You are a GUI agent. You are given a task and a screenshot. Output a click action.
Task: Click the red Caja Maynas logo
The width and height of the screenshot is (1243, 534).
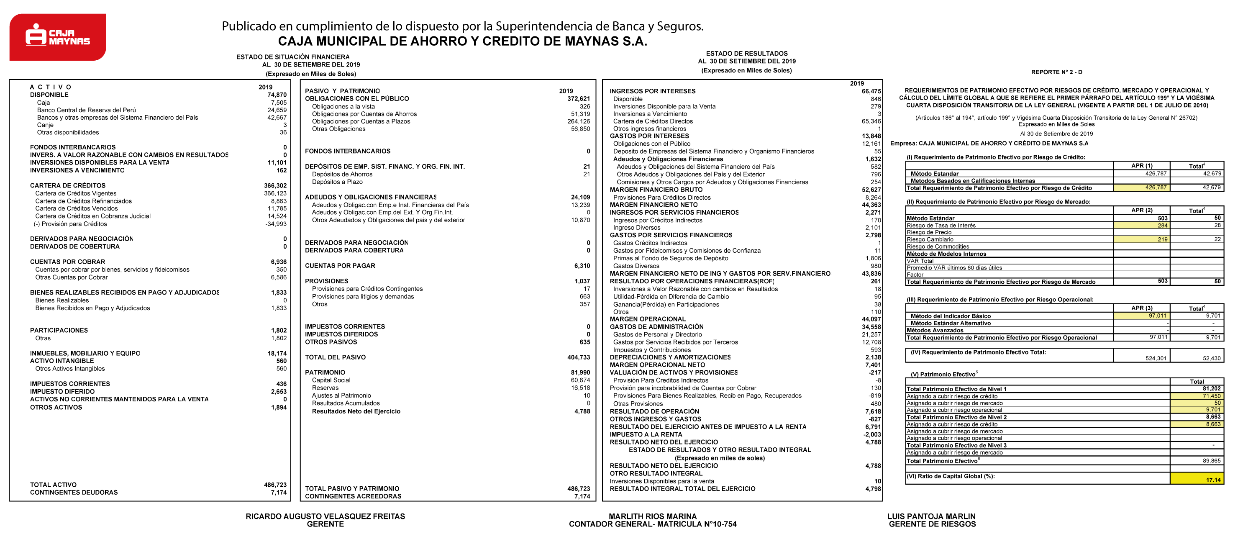(57, 37)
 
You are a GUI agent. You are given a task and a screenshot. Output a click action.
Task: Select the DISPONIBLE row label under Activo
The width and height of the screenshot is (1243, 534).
(49, 95)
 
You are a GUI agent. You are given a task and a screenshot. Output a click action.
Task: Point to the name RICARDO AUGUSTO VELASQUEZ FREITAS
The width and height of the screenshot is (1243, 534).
(325, 516)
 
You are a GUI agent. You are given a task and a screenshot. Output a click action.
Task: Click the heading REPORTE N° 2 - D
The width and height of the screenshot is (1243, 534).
(1056, 72)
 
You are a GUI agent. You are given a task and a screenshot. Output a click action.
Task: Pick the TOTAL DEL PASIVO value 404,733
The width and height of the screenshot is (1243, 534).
(578, 357)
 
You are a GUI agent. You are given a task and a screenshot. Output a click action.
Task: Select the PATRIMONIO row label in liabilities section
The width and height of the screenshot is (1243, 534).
(325, 372)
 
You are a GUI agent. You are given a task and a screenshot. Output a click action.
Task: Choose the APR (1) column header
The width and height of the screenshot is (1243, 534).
(1142, 166)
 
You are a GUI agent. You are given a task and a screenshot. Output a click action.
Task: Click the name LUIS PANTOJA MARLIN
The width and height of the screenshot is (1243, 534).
(931, 516)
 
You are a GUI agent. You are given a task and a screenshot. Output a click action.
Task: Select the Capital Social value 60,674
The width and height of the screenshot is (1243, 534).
(580, 380)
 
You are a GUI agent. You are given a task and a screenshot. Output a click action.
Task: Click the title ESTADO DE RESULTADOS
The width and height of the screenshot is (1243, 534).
(746, 54)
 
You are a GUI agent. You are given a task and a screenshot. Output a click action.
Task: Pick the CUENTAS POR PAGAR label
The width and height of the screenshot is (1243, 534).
(340, 266)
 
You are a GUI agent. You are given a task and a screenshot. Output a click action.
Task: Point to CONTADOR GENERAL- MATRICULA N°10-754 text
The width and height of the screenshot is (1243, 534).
(652, 524)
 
